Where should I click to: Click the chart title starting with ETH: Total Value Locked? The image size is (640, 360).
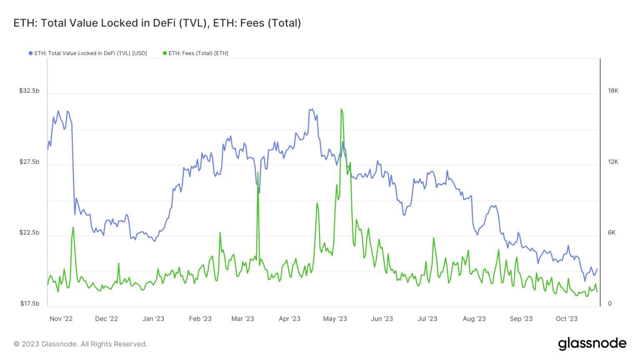coord(157,23)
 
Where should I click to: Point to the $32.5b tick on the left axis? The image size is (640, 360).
coord(29,91)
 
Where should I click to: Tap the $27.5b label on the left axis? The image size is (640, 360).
coord(29,162)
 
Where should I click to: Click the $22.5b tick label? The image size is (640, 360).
coord(29,232)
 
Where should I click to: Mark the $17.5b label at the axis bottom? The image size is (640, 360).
coord(30,303)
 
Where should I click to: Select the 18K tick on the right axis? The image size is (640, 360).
coord(613,91)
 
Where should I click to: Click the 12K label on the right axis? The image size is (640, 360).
coord(613,162)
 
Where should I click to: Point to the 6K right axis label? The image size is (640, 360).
coord(611,232)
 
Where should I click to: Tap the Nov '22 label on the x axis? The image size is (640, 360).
coord(61,319)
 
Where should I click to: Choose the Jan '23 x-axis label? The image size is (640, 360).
coord(153,319)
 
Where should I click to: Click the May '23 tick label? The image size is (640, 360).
coord(335,319)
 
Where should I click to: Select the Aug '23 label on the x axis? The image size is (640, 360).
coord(474,319)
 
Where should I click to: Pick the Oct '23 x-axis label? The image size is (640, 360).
coord(567,319)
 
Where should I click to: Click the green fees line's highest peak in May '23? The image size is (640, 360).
coord(341,110)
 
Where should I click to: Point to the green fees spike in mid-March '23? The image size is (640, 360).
coord(258,172)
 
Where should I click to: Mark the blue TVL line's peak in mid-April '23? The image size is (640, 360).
coord(311,110)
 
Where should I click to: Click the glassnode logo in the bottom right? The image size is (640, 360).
coord(592,344)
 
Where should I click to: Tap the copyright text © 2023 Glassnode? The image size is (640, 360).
coord(80,344)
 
